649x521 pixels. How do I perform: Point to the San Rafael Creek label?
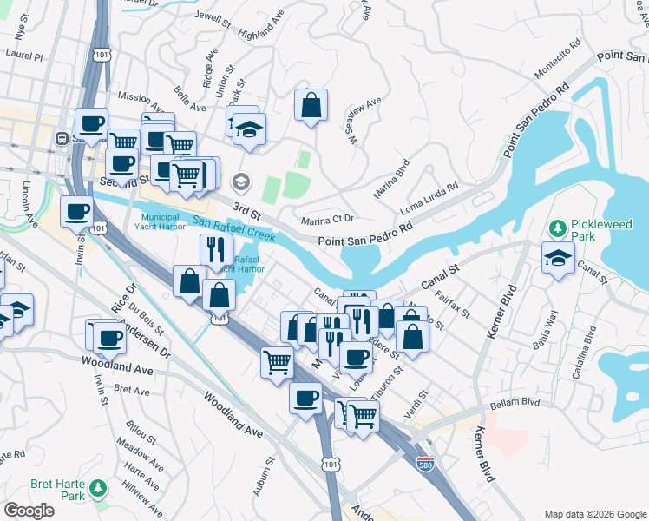[x=233, y=228]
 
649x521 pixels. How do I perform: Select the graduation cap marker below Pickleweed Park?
[x=558, y=256]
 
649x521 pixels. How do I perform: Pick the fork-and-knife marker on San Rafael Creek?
[x=215, y=249]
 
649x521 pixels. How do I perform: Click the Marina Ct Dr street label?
[x=328, y=221]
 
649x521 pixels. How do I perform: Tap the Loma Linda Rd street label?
[x=429, y=200]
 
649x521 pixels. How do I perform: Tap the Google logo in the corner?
[x=29, y=511]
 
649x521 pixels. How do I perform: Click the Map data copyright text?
[x=594, y=514]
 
